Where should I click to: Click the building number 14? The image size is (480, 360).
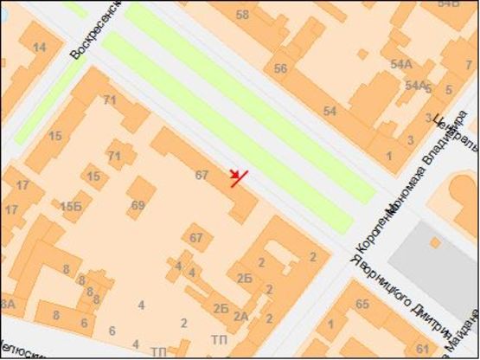point(39,48)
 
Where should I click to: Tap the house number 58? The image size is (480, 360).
point(242,15)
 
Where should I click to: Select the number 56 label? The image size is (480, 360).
point(279,68)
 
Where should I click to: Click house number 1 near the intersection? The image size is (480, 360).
point(390,156)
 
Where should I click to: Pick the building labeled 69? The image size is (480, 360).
point(138,205)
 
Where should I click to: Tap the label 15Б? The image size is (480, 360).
point(71,205)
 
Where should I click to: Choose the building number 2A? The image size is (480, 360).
point(240,316)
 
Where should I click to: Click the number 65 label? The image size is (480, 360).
point(362,304)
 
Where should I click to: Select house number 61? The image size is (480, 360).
point(421,349)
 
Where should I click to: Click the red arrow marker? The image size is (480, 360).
point(237,178)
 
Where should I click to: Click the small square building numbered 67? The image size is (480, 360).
point(196,238)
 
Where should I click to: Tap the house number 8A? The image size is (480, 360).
point(7,304)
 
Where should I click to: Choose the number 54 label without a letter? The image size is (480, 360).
point(330,111)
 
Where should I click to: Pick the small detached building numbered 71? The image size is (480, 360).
point(115,156)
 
